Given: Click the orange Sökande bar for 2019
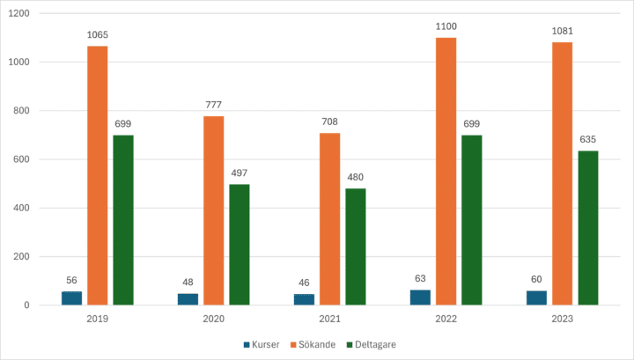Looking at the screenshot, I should point(97,176).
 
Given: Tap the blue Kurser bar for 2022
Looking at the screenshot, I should point(421,298).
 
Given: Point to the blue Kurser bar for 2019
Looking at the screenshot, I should point(71,298).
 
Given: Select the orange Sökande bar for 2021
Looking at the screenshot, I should point(329,219).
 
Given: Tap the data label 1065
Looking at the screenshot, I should point(97,35).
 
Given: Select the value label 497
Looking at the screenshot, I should point(240,172).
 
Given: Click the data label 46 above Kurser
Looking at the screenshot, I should point(304,282).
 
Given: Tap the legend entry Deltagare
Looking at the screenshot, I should point(372,344).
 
